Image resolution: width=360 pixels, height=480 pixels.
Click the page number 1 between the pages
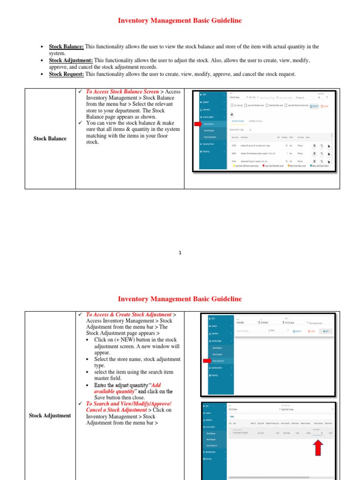(180, 253)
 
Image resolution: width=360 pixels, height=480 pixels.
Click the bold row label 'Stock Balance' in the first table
(50, 138)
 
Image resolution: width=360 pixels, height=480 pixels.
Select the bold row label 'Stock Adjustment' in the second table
(50, 415)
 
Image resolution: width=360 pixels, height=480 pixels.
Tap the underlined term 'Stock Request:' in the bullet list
(66, 74)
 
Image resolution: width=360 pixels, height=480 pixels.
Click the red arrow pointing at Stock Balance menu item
(197, 124)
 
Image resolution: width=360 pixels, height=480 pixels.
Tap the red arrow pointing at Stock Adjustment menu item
(206, 361)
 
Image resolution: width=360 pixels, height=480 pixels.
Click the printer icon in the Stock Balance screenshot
(231, 114)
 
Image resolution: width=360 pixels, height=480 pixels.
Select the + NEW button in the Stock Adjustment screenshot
(324, 331)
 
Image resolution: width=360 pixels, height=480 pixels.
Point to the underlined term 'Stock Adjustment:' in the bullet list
(71, 60)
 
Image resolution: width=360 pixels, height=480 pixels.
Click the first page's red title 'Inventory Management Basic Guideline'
(180, 21)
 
